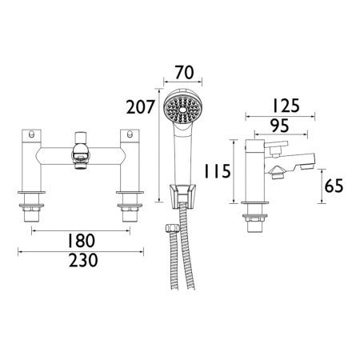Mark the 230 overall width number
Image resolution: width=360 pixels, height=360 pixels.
tap(81, 261)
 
